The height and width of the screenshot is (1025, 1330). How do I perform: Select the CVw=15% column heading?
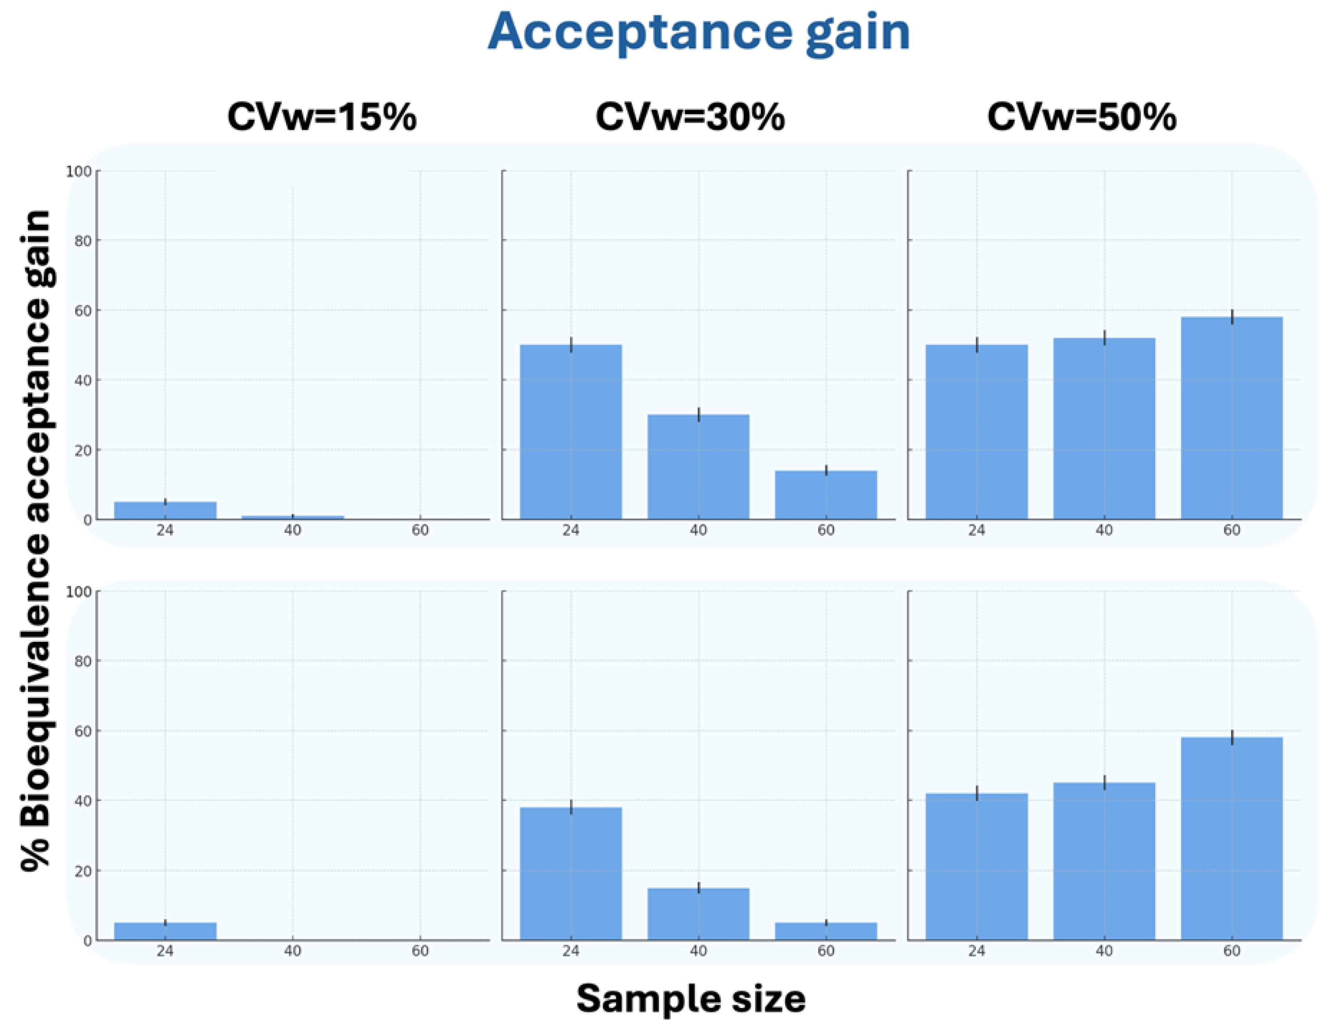point(321,117)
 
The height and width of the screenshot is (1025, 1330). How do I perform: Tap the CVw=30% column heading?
point(690,117)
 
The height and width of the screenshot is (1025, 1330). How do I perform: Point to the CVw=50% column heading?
point(1082,117)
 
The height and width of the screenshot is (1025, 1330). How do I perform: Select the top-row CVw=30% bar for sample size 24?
point(571,432)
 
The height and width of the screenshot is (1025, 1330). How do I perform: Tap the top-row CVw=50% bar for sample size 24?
point(976,432)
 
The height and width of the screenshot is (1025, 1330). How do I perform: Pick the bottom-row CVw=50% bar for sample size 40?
point(1104,861)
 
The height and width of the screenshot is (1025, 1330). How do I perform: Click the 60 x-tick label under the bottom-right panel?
point(1231,951)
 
